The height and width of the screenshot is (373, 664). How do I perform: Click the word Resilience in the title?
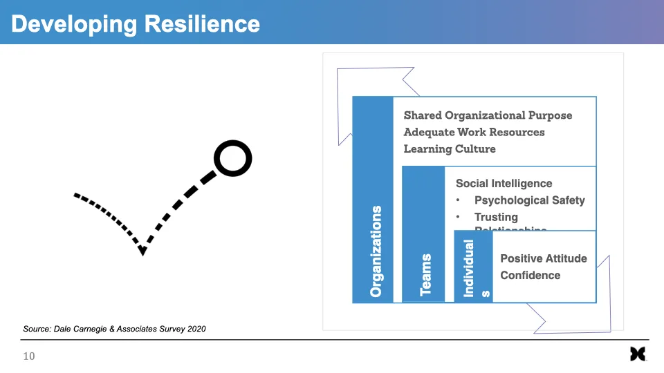(x=202, y=24)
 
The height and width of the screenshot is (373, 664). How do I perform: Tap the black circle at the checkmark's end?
(x=232, y=159)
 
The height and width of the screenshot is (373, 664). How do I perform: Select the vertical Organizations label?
(x=376, y=251)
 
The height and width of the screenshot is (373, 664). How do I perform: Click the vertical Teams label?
(x=426, y=275)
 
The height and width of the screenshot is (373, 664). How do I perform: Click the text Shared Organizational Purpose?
(x=488, y=115)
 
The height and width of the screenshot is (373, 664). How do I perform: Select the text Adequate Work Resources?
(x=474, y=132)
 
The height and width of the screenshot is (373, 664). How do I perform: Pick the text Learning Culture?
(x=450, y=149)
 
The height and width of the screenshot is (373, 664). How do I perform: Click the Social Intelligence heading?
(x=504, y=184)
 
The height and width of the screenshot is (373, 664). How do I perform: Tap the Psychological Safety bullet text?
(x=529, y=200)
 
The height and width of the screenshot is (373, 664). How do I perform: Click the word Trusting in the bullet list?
(x=496, y=217)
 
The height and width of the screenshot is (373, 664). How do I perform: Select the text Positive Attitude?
(x=543, y=258)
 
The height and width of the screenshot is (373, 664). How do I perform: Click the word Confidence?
(x=530, y=275)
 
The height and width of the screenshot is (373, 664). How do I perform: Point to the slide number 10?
(x=29, y=356)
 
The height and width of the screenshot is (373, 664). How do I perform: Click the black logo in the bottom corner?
(x=637, y=354)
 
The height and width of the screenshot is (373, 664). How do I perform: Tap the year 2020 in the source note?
(x=194, y=329)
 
